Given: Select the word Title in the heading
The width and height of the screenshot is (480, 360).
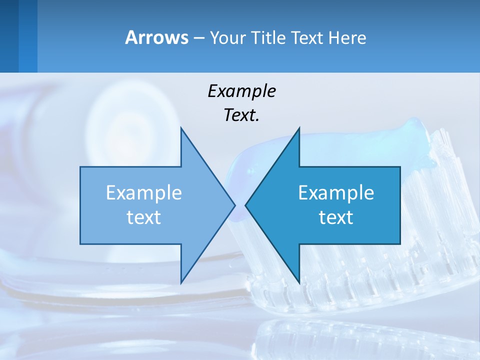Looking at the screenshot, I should tap(267, 38).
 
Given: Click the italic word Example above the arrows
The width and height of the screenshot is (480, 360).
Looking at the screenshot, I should tap(241, 91).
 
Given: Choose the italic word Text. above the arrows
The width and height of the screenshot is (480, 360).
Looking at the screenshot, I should tap(241, 115).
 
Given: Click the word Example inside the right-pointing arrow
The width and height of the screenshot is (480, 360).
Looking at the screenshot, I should tap(144, 193).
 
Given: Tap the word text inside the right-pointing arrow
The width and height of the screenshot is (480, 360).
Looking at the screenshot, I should tap(144, 217).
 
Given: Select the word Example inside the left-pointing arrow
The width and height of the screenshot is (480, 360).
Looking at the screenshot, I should tap(336, 193).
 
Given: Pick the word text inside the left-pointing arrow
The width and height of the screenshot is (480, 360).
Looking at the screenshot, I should tap(336, 217).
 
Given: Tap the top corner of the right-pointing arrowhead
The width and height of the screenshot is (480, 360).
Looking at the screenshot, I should tap(181, 127).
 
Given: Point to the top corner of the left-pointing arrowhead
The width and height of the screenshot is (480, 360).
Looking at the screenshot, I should tap(299, 127).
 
